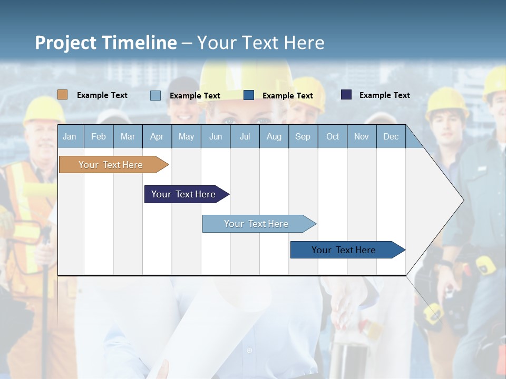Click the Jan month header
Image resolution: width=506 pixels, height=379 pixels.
[x=70, y=136]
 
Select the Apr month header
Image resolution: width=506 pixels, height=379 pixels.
[x=157, y=136]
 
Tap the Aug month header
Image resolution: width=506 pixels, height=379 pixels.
[x=274, y=136]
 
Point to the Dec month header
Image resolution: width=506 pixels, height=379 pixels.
[x=391, y=136]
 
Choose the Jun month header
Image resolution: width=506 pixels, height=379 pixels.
[x=215, y=136]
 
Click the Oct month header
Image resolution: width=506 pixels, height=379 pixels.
[x=332, y=136]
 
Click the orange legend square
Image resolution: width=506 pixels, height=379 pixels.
[x=62, y=95]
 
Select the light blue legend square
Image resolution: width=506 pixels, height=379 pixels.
[x=155, y=95]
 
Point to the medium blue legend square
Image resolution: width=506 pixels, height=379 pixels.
[x=249, y=95]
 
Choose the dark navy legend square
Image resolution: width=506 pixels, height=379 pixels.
[x=346, y=95]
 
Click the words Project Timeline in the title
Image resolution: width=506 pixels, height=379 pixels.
[x=105, y=43]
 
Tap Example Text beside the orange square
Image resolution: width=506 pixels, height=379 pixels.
[x=102, y=95]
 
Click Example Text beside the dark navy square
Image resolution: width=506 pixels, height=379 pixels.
[x=384, y=95]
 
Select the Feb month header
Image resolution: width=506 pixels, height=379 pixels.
[x=99, y=136]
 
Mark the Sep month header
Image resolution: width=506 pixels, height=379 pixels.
[x=303, y=136]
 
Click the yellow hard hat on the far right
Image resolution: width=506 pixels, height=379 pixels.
[x=494, y=82]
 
